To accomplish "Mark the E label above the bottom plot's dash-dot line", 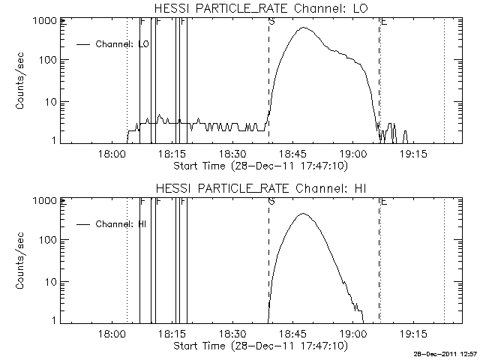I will pyautogui.click(x=383, y=201).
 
